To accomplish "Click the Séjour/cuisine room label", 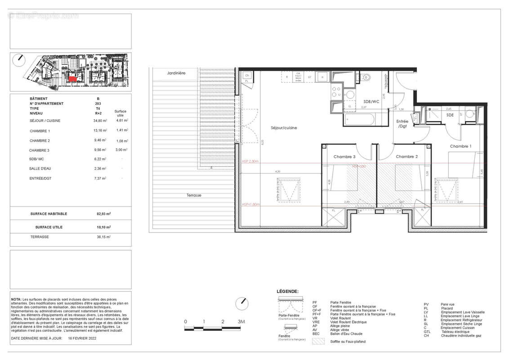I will click(284, 128).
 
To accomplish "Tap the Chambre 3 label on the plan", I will click(344, 157).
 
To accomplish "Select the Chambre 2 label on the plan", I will click(407, 157).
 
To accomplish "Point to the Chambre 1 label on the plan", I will click(461, 146).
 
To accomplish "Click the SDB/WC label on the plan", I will click(371, 102).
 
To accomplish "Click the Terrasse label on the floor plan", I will click(194, 196).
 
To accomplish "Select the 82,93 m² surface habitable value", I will click(102, 214).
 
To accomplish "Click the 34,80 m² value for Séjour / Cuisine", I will click(99, 121).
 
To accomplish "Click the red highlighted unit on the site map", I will click(72, 79).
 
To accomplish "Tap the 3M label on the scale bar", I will click(241, 322).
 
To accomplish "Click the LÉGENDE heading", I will click(288, 292).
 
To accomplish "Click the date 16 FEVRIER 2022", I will click(82, 338).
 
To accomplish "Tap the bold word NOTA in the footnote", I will click(16, 299).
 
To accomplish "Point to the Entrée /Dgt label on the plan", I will click(402, 124).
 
